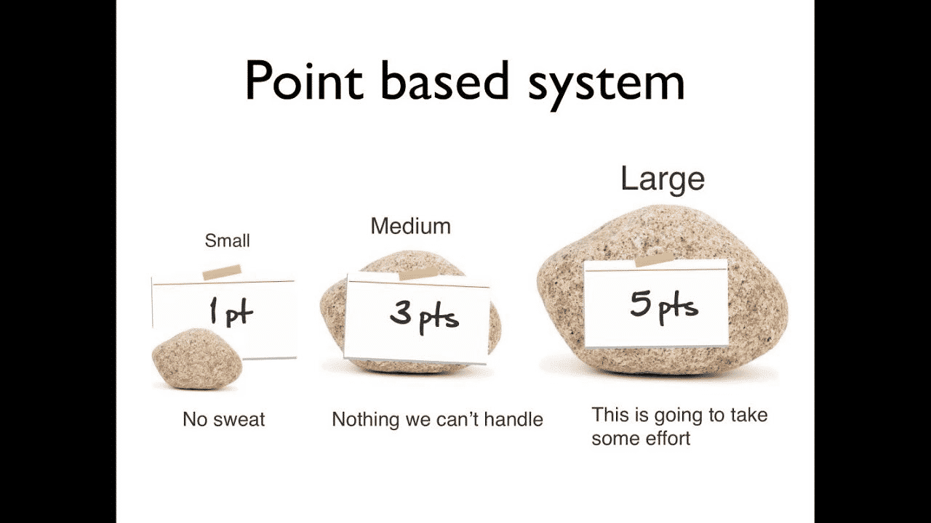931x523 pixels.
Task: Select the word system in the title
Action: tap(607, 85)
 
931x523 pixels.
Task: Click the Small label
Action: tap(228, 240)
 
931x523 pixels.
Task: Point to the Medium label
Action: tap(411, 226)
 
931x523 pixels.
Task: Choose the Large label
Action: tap(663, 179)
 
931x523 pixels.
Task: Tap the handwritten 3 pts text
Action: tap(424, 318)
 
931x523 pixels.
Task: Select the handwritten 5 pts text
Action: tap(664, 307)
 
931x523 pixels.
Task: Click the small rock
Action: tap(197, 359)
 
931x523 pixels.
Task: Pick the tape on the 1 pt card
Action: tap(222, 272)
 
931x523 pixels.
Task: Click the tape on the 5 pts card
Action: tap(655, 259)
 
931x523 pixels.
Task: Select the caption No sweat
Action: tap(223, 419)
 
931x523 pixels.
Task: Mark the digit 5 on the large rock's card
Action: tap(640, 304)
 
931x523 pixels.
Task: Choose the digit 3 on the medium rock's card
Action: tap(401, 313)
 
